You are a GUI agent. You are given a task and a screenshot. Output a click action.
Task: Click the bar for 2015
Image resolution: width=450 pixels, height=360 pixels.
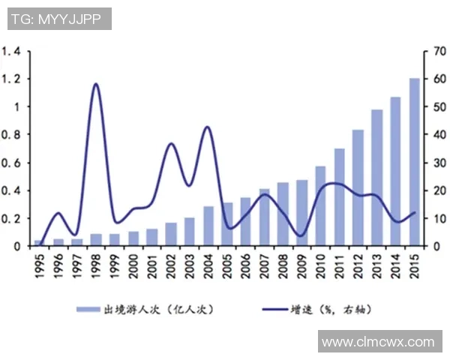coord(414,162)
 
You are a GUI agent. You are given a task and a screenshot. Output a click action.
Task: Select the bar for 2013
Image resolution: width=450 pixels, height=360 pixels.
coord(376,178)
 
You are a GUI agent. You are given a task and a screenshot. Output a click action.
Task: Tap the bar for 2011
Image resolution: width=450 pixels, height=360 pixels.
coord(339,197)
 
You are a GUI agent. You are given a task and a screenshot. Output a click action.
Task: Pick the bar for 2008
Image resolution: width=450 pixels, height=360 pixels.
coord(283,214)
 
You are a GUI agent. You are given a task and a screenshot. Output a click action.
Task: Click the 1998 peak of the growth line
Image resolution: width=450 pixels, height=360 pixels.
coord(95,84)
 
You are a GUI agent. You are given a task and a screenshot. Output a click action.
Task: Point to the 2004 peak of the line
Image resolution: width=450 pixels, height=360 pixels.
coord(207,127)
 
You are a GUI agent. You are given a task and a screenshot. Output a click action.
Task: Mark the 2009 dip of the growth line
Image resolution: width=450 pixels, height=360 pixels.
coord(301,235)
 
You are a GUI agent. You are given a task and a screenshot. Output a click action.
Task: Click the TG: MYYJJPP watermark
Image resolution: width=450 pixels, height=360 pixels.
coord(59,18)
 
